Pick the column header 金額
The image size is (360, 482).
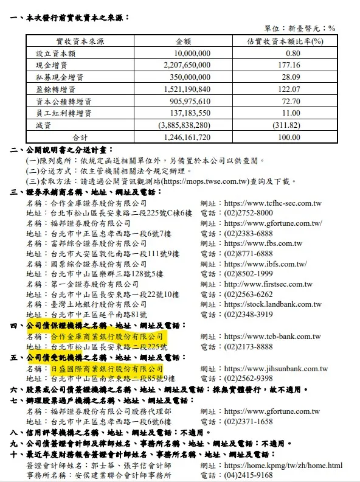coord(184,41)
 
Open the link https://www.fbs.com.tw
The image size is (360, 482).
coord(263,243)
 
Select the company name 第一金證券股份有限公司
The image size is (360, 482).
coord(95,284)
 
